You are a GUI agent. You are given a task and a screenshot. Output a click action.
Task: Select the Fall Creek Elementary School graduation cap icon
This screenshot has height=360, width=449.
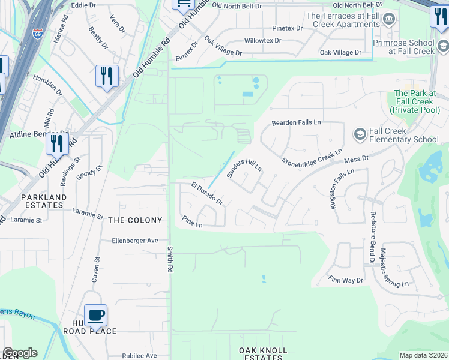coord(360,133)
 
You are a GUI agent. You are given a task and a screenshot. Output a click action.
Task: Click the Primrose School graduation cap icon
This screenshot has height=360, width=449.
coord(442,45)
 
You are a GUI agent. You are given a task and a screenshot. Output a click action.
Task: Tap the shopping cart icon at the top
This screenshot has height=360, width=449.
coord(183,4)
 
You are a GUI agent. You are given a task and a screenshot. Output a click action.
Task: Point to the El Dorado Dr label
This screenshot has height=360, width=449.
coord(207,193)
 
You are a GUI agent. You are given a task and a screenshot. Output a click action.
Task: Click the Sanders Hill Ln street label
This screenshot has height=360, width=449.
coord(244,163)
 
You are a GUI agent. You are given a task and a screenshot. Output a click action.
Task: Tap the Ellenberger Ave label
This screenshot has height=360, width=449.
coord(135,241)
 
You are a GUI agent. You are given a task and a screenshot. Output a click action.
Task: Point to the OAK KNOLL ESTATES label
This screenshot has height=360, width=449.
coord(263,353)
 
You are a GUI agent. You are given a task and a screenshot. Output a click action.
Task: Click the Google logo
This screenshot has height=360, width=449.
coord(19,353)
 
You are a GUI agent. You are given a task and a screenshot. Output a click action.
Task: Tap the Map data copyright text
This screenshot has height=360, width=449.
coord(423,355)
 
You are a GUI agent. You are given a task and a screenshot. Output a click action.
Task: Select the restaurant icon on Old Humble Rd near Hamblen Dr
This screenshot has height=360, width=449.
coord(107,76)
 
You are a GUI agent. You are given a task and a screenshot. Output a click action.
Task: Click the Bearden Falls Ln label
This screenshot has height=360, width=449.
coord(297,122)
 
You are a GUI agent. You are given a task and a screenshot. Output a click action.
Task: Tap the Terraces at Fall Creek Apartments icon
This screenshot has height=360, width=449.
coord(388,18)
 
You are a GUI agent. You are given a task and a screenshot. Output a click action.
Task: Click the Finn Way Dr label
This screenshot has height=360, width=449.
coord(346,280)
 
